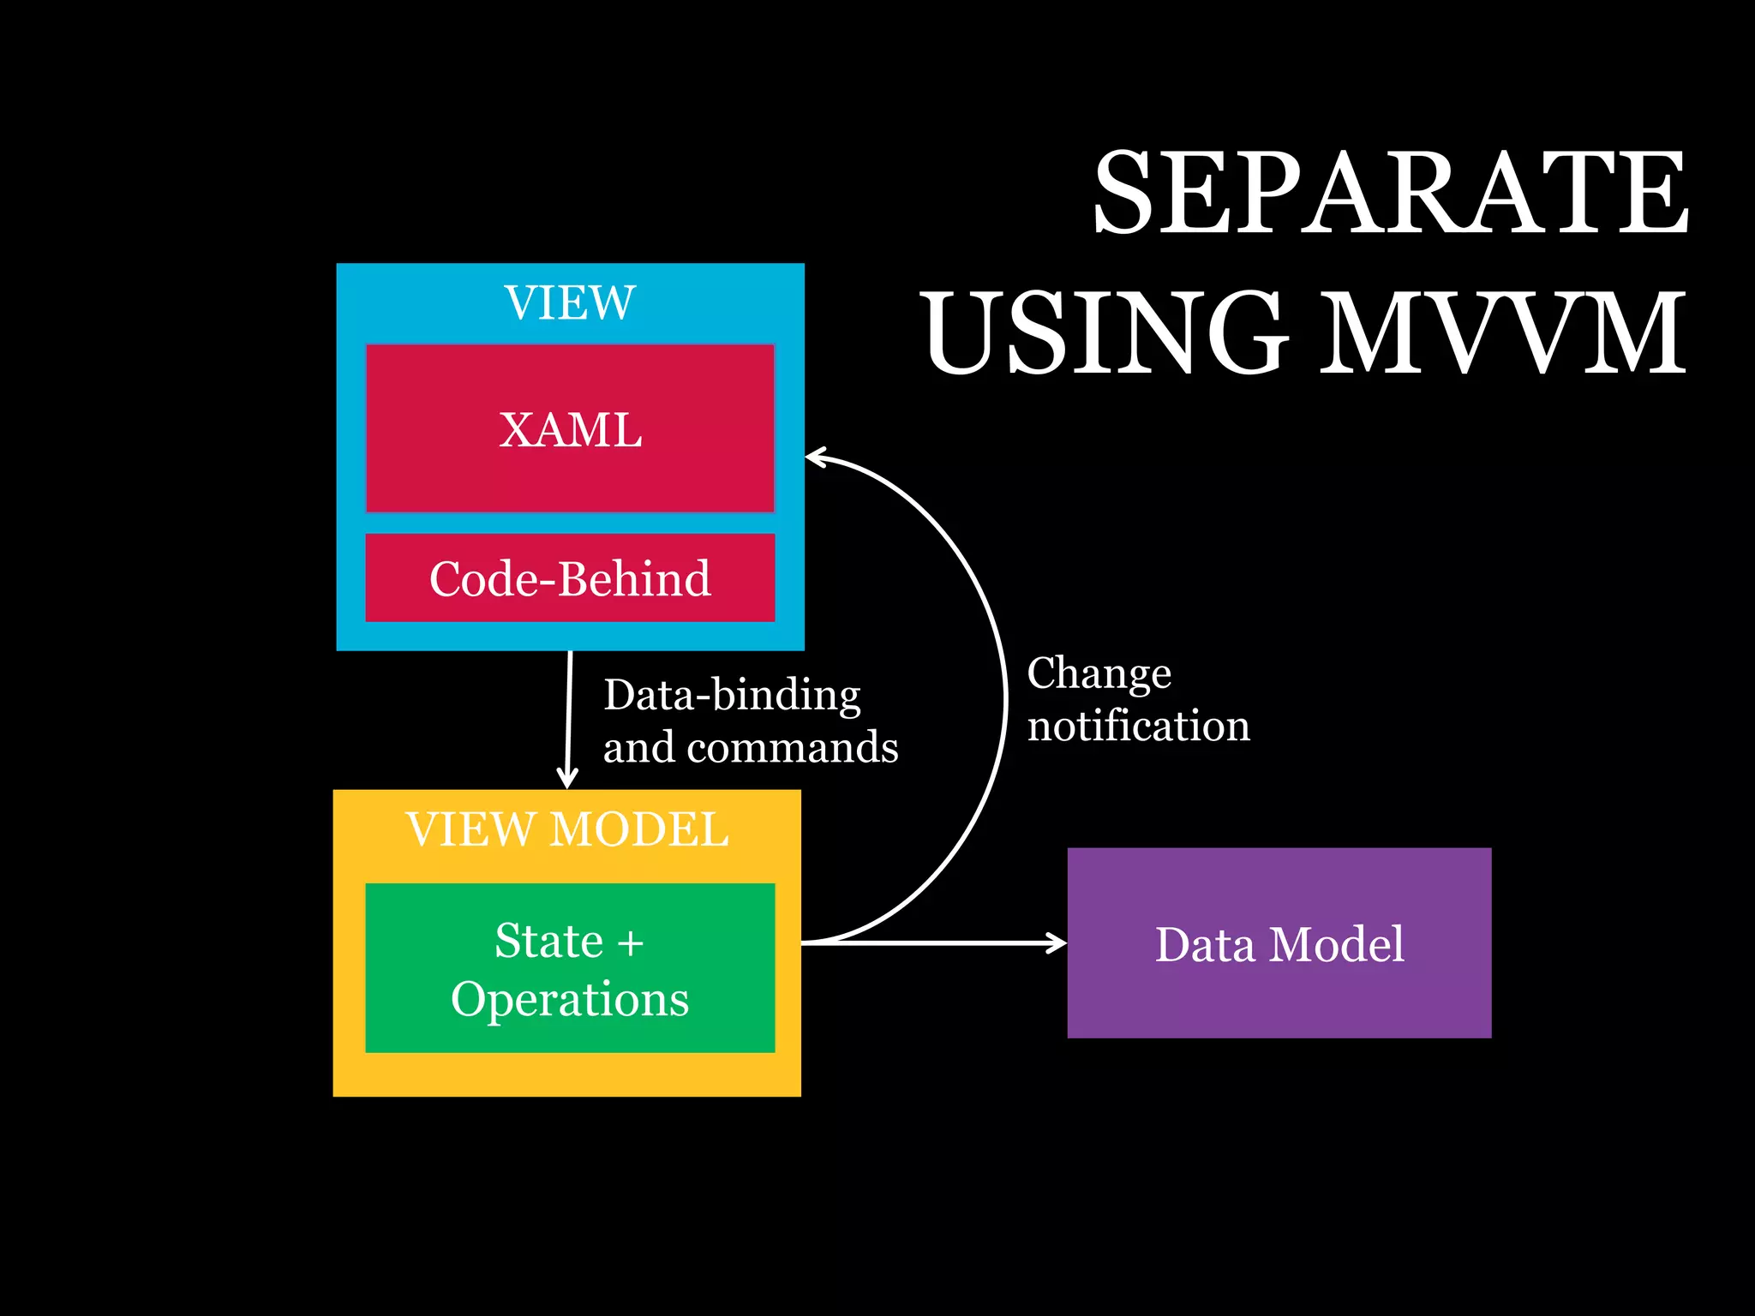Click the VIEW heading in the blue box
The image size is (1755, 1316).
[570, 303]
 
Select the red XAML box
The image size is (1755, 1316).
[570, 428]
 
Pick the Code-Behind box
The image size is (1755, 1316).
[570, 577]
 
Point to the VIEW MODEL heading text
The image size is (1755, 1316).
[568, 829]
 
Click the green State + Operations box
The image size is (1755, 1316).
[570, 967]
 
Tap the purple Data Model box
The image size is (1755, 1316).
[1279, 942]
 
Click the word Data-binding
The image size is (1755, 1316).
[732, 695]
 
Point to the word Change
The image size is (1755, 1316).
[1099, 673]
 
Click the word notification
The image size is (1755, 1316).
[1138, 727]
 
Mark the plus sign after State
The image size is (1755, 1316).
[630, 942]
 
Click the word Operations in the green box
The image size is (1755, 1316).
[570, 999]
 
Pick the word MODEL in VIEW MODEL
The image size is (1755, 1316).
[638, 829]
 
